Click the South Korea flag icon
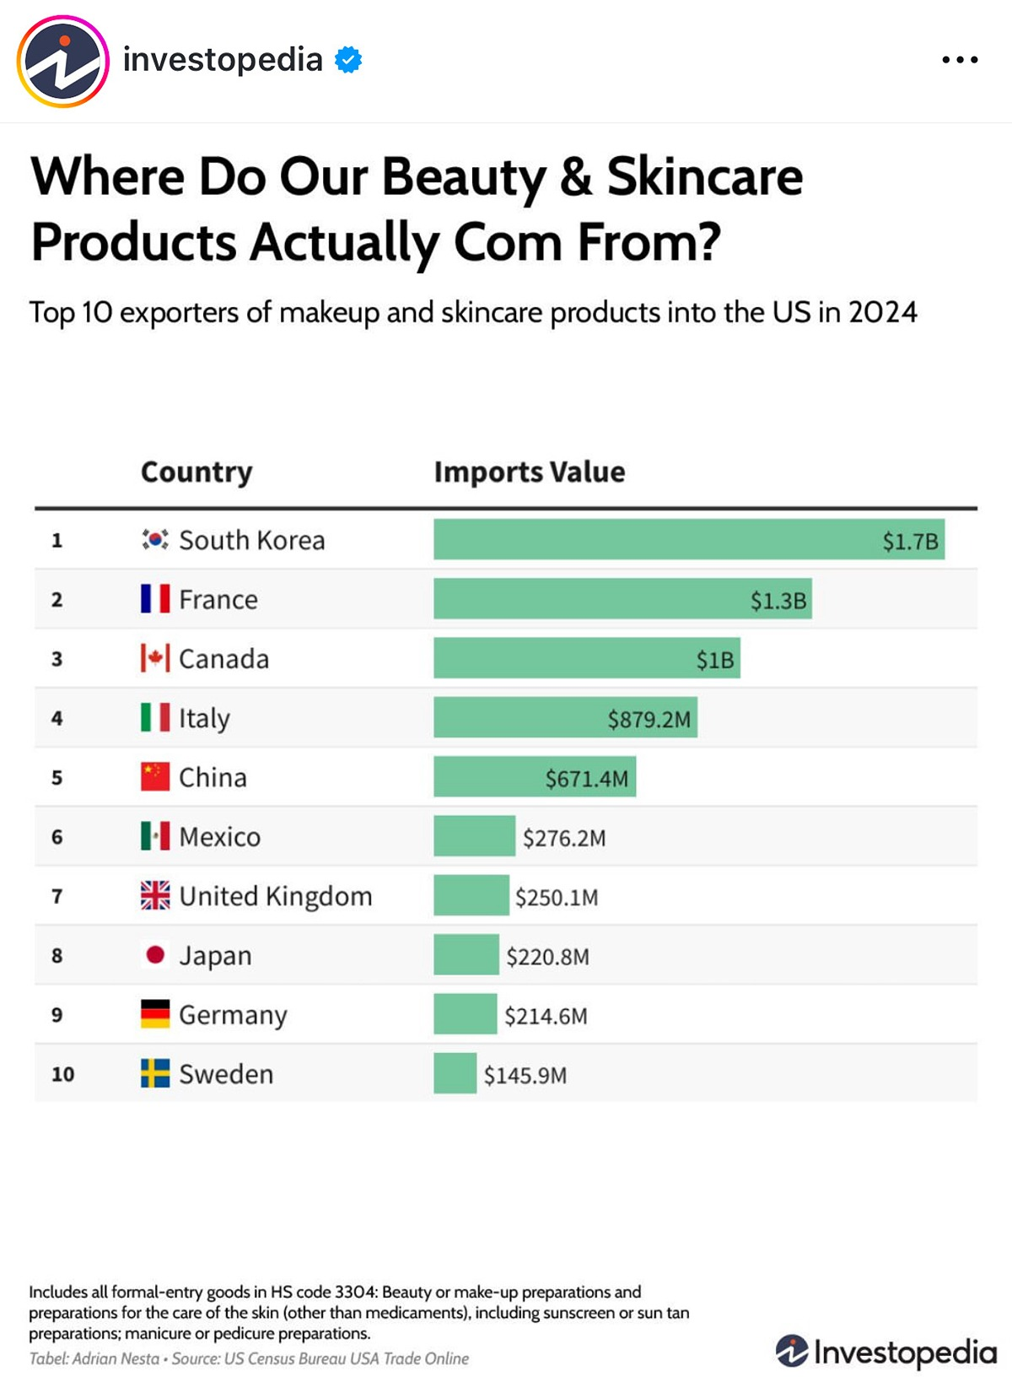pyautogui.click(x=155, y=539)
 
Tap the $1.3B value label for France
pyautogui.click(x=778, y=601)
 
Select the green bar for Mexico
pyautogui.click(x=474, y=836)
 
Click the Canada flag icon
pyautogui.click(x=155, y=658)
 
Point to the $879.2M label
pyautogui.click(x=649, y=720)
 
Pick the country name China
pyautogui.click(x=213, y=777)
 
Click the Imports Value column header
pyautogui.click(x=530, y=472)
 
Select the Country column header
pyautogui.click(x=196, y=472)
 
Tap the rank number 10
pyautogui.click(x=63, y=1074)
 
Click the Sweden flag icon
pyautogui.click(x=155, y=1073)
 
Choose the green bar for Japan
pyautogui.click(x=466, y=954)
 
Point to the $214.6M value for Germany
pyautogui.click(x=546, y=1016)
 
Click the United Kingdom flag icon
pyautogui.click(x=155, y=895)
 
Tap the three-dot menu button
pyautogui.click(x=960, y=60)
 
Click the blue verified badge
pyautogui.click(x=348, y=60)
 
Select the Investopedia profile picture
pyautogui.click(x=63, y=62)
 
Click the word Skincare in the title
pyautogui.click(x=705, y=177)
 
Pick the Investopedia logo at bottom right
pyautogui.click(x=885, y=1352)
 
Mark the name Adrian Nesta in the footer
pyautogui.click(x=116, y=1358)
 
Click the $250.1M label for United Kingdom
pyautogui.click(x=557, y=897)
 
